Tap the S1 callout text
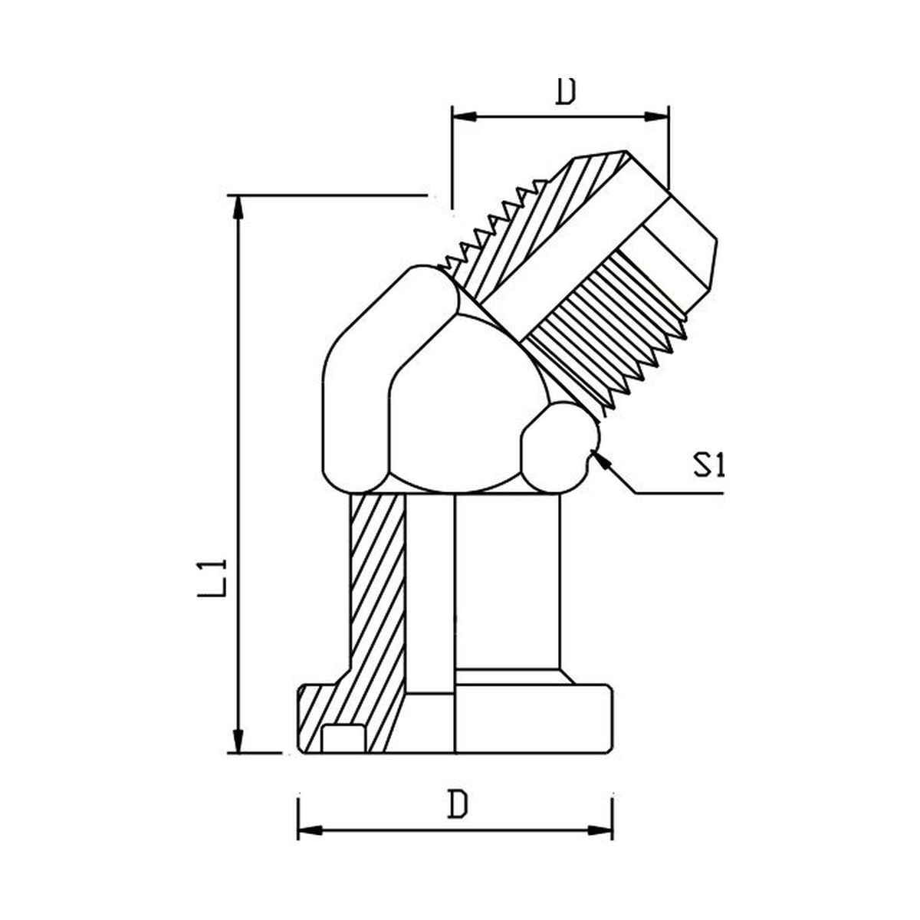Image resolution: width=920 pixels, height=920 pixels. click(x=708, y=465)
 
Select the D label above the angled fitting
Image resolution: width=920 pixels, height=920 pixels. click(x=565, y=91)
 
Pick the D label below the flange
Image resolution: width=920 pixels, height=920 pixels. click(x=458, y=805)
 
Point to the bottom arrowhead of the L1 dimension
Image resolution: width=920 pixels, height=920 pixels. click(x=239, y=740)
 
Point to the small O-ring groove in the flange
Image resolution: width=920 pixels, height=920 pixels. click(x=343, y=738)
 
